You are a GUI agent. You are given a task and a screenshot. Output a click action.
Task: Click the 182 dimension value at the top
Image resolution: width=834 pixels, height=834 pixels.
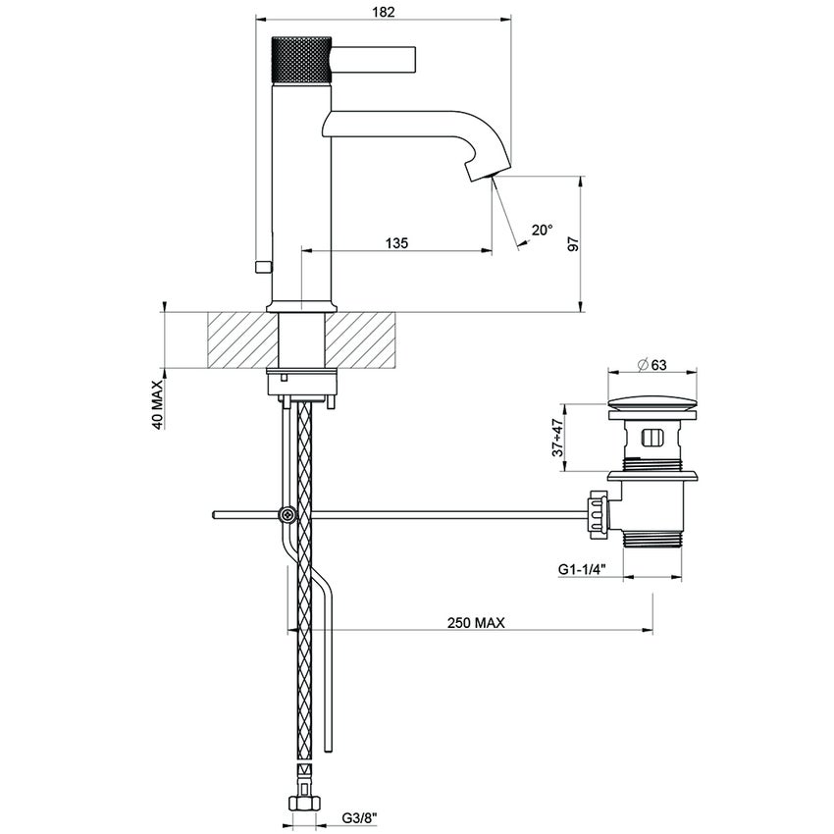pos(385,12)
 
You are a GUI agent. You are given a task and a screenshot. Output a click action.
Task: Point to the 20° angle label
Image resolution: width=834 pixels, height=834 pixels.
pos(542,230)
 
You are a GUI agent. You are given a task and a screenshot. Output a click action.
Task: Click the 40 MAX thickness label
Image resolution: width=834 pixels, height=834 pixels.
pos(157,403)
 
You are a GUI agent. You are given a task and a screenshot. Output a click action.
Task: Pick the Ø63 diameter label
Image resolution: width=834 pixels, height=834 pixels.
pos(652,365)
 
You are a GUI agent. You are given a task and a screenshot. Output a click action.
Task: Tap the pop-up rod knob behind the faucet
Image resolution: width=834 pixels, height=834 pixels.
pos(261,267)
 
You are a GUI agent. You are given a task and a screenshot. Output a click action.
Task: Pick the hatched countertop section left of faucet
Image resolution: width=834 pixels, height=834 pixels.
pos(242,340)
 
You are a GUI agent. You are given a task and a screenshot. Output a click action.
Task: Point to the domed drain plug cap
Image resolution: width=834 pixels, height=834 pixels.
pos(652,400)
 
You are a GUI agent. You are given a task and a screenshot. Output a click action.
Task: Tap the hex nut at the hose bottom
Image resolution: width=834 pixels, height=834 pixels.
pos(305,804)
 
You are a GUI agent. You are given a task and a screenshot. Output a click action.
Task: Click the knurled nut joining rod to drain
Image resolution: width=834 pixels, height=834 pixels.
pos(596,513)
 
